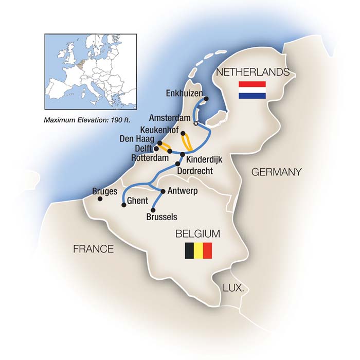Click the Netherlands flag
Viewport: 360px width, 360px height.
pos(252,90)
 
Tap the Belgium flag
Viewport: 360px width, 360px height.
pos(199,251)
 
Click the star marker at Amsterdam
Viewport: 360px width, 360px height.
pos(195,123)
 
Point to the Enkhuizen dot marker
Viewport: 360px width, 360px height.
pos(206,99)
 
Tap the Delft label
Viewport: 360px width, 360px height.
pos(142,148)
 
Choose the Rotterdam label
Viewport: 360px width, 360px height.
pos(150,158)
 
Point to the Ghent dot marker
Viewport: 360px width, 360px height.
pos(123,205)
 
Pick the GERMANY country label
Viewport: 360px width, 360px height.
pos(276,172)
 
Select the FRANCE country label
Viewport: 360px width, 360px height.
pos(93,249)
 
